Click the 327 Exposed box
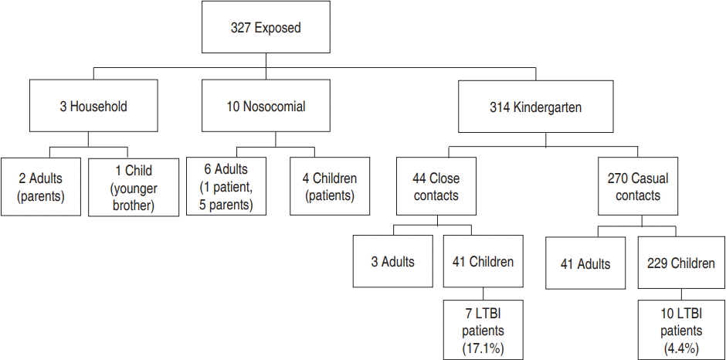266,27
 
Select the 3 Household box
93,106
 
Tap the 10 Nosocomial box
266,106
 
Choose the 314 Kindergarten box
536,107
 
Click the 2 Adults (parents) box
40,187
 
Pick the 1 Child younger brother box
134,187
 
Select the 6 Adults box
226,186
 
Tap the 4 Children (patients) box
330,186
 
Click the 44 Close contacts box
436,186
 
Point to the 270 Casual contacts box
637,186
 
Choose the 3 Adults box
392,262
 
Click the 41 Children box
483,262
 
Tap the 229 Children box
681,263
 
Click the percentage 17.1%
483,347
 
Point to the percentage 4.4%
680,347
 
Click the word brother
134,205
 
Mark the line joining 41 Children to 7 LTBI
483,294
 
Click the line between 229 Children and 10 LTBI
681,294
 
